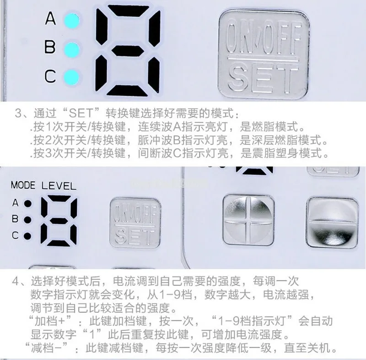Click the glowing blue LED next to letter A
pos(72,20)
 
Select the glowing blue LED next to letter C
pos(72,76)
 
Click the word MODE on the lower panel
pos(23,186)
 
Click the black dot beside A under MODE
pos(28,202)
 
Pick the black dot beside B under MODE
pos(28,219)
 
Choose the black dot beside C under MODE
pos(28,236)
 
